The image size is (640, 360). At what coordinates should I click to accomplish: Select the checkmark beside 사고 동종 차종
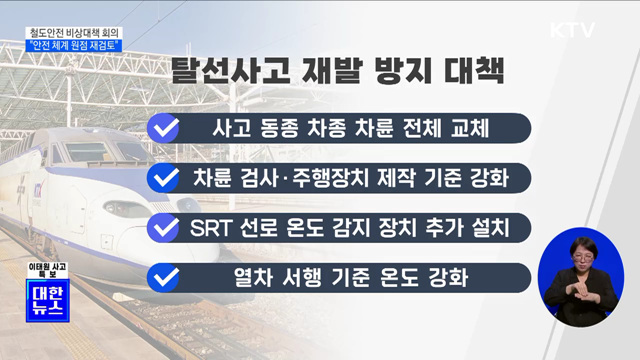164,129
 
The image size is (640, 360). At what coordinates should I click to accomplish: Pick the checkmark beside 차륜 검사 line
164,179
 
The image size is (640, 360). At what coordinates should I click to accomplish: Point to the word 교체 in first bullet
488,130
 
